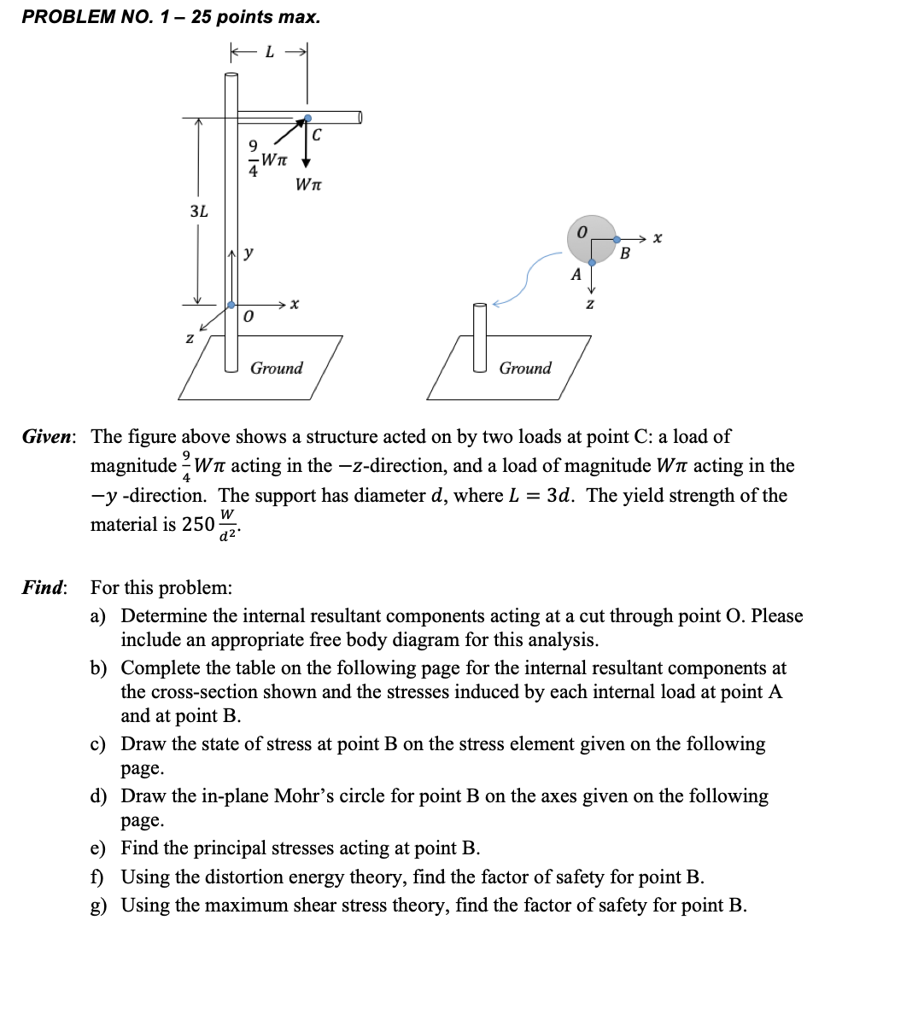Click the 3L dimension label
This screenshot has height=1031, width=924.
coord(198,211)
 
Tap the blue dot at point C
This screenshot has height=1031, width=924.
coord(307,119)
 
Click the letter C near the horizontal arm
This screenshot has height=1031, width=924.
coord(317,135)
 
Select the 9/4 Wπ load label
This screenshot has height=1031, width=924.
coord(265,158)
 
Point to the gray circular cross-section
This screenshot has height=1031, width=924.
coord(590,239)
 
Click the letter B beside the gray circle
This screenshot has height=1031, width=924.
coord(624,253)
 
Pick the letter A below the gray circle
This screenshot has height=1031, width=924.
coord(576,274)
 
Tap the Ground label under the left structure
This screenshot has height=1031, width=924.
coord(276,368)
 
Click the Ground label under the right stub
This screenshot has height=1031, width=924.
coord(525,368)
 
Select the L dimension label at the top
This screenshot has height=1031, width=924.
coord(270,53)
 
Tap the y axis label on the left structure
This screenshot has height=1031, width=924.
coord(248,253)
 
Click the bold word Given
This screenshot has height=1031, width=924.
coord(48,437)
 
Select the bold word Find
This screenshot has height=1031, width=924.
coord(43,587)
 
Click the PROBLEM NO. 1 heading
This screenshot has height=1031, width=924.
coord(171,17)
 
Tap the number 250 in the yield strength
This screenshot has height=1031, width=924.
coord(197,524)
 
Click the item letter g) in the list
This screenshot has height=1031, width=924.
coord(99,906)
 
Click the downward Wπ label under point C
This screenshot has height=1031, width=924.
coord(308,184)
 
